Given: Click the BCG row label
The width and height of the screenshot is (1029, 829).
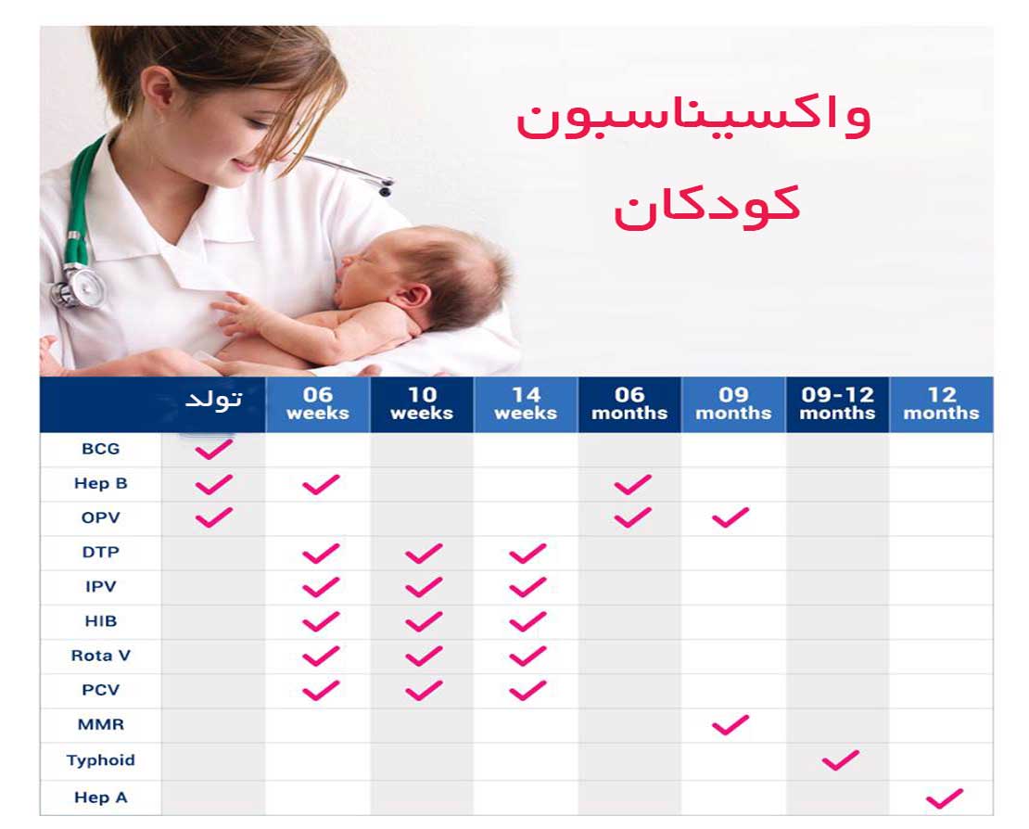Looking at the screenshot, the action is point(100,449).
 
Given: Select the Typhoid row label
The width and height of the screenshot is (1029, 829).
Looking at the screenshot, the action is point(100,760).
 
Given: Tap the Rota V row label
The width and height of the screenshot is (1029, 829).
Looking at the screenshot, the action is point(100,656).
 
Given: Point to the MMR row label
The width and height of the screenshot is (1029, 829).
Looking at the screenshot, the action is point(100,724).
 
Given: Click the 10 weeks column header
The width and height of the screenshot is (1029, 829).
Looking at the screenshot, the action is point(422,403).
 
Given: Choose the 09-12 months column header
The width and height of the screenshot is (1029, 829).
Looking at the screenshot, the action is point(837,403).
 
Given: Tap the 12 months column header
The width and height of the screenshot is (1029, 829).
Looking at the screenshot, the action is point(942,403).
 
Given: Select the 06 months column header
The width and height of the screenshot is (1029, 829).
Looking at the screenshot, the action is point(629,403).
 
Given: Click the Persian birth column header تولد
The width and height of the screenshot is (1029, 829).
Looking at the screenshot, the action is point(214,399).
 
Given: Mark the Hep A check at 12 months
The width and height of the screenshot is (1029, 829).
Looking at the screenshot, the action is point(945,798).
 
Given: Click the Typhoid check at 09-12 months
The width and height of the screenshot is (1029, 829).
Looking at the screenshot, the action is point(840,760).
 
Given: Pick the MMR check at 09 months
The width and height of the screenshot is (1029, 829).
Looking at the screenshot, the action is point(730,724).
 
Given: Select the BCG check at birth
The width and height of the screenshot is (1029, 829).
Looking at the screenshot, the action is point(214,449).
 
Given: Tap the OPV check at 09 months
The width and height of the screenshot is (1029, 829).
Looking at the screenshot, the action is point(730,517).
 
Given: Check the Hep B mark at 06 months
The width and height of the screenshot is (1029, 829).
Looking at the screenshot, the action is point(632,484).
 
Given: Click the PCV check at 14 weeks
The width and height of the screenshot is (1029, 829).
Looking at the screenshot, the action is point(527,690).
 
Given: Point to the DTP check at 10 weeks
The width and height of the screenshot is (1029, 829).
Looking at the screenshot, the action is point(424,554).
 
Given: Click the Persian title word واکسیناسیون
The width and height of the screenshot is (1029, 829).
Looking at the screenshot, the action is point(693,119).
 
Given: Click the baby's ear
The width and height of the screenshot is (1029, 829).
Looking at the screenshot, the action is point(413,298).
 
